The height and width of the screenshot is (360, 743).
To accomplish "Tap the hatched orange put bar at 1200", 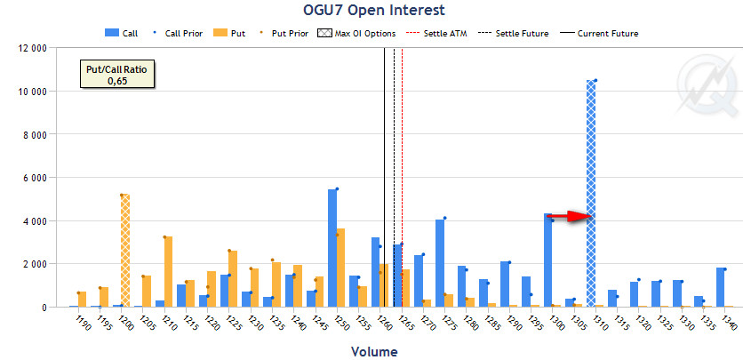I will pos(125,251).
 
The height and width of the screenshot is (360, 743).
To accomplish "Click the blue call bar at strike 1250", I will pos(332,248).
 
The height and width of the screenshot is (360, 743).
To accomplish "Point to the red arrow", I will pos(569,216).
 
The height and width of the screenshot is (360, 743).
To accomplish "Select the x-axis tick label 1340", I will pos(729,324).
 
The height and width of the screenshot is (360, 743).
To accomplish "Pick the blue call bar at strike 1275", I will pos(440,263).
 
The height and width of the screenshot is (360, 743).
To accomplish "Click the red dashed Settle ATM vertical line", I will pos(403,178).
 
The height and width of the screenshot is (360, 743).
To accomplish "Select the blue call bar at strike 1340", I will pos(721,287).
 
